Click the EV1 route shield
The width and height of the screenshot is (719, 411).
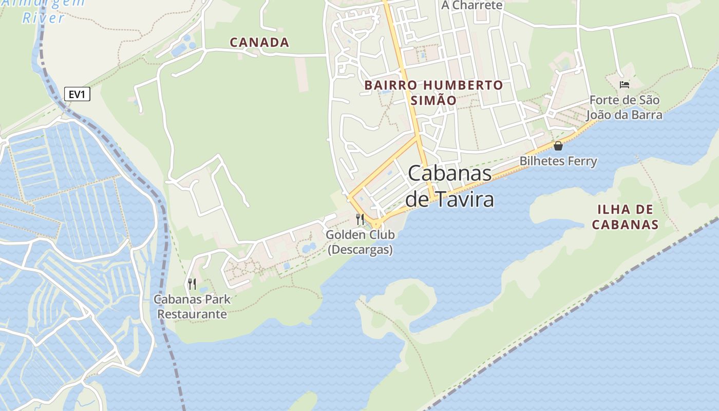click(x=77, y=94)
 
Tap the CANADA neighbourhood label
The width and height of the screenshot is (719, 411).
click(x=259, y=42)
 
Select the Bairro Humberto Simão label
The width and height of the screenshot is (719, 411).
click(x=433, y=92)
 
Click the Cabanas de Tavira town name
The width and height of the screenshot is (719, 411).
click(x=450, y=186)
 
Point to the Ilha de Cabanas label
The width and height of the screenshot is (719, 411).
click(x=625, y=217)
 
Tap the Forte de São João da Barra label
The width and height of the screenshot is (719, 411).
click(x=625, y=107)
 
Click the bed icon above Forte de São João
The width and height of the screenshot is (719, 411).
click(x=625, y=84)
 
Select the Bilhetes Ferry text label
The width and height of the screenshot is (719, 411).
click(x=558, y=161)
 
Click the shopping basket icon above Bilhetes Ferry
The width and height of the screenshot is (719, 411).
click(x=558, y=146)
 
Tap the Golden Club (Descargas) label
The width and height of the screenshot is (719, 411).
click(x=360, y=242)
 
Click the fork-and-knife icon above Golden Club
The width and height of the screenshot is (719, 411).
click(x=360, y=219)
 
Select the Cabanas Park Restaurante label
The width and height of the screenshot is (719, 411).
click(x=192, y=306)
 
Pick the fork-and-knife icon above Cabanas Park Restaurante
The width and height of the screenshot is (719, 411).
click(x=192, y=283)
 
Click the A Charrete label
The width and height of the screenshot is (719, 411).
click(x=471, y=6)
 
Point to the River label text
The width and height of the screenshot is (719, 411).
click(x=44, y=18)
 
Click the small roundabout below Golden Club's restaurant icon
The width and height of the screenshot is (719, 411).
click(x=376, y=224)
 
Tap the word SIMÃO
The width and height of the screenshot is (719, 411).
click(x=433, y=100)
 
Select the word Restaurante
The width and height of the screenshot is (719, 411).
click(x=192, y=314)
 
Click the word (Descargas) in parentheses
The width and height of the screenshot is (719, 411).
click(x=360, y=250)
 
